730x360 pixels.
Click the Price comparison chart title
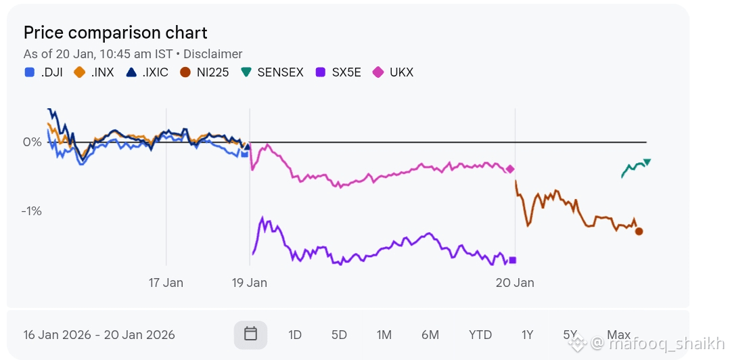pyautogui.click(x=115, y=32)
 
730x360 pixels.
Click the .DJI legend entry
pyautogui.click(x=44, y=72)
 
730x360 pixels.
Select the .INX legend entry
pyautogui.click(x=95, y=72)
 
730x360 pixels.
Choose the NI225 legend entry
pyautogui.click(x=205, y=72)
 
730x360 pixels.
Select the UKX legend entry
pyautogui.click(x=394, y=72)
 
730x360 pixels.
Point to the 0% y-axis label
pyautogui.click(x=32, y=142)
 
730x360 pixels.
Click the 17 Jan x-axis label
pyautogui.click(x=166, y=283)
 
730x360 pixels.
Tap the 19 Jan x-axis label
pyautogui.click(x=250, y=283)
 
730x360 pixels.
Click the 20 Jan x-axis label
pyautogui.click(x=515, y=283)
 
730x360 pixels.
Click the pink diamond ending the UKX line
pyautogui.click(x=510, y=169)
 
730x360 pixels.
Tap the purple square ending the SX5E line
pyautogui.click(x=512, y=260)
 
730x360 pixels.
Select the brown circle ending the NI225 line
pyautogui.click(x=639, y=231)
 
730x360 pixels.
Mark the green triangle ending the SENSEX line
pyautogui.click(x=647, y=161)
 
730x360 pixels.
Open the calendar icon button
pyautogui.click(x=250, y=334)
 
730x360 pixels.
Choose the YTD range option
pyautogui.click(x=480, y=335)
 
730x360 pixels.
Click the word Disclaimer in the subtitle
pyautogui.click(x=212, y=54)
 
